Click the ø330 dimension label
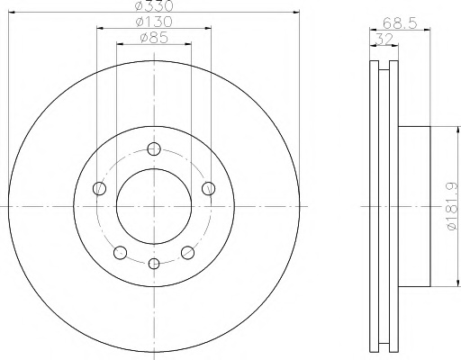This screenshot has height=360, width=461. click(154, 5)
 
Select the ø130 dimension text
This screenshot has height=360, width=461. click(154, 22)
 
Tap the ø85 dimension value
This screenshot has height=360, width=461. click(154, 38)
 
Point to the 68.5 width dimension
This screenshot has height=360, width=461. click(400, 23)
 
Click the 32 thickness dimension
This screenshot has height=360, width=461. click(384, 39)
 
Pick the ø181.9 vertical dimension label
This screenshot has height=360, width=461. click(452, 207)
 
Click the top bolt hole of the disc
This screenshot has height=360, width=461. click(154, 148)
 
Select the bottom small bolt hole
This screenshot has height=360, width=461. click(154, 264)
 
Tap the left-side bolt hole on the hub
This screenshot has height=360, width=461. click(99, 188)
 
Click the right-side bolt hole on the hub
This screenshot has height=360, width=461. click(208, 188)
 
